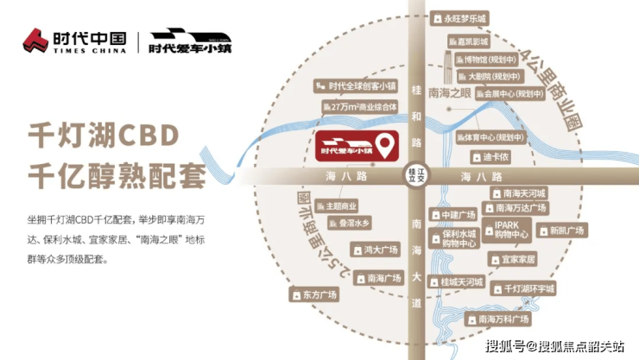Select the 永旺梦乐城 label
click(465, 18)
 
